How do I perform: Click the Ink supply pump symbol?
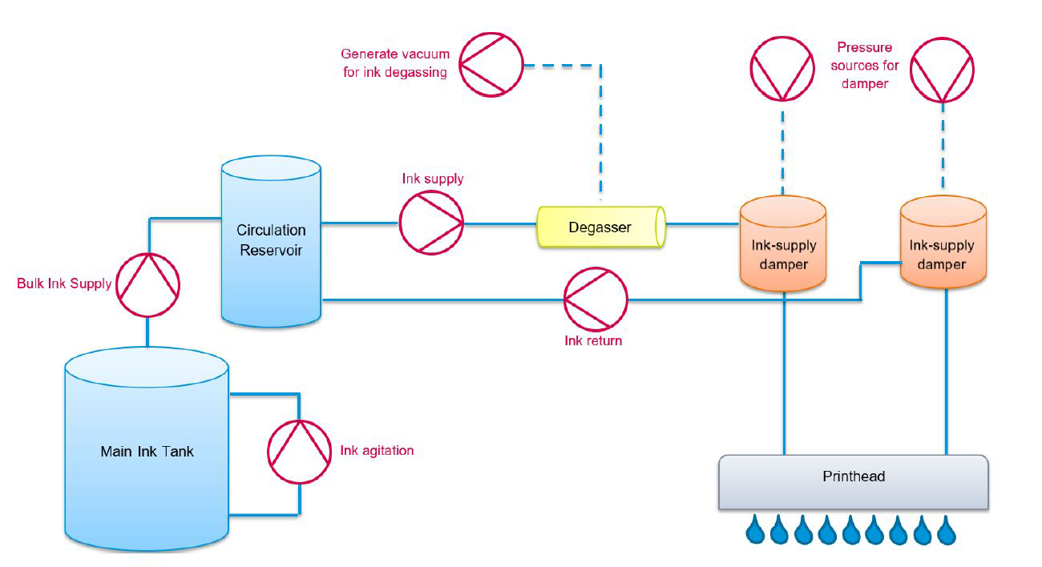pos(431,223)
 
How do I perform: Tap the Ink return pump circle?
pos(596,300)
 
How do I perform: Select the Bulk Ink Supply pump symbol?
pos(147,284)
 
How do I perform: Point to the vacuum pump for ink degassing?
pos(491,64)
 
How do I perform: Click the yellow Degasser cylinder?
pos(600,227)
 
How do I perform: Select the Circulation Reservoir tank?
pos(271,241)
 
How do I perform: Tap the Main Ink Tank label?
pos(147,452)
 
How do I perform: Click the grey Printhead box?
pos(853,481)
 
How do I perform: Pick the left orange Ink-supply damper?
pos(782,244)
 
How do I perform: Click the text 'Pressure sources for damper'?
pos(865,66)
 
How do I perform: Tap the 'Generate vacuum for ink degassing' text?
pos(395,63)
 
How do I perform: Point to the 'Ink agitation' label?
pos(377,451)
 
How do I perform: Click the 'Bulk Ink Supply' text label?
pos(64,284)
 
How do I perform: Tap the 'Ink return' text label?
pos(593,341)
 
